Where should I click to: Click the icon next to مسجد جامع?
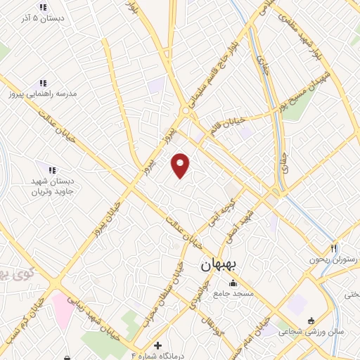point(233,282)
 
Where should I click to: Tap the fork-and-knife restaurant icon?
point(335,247)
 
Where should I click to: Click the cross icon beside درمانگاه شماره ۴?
point(157,345)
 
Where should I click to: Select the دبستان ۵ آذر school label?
point(42,19)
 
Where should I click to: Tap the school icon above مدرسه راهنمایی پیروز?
point(43,82)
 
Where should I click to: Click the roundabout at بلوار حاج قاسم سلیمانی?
point(186,110)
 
